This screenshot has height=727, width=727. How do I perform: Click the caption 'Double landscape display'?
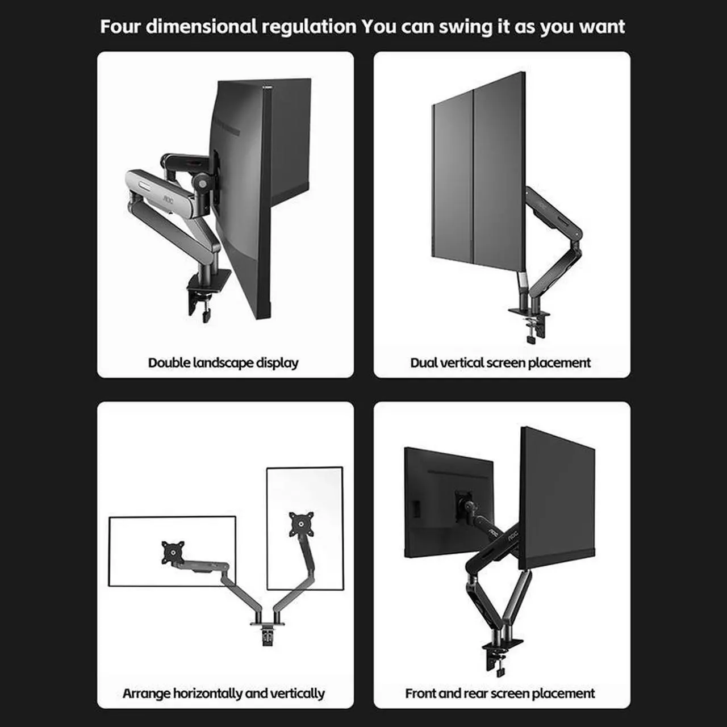tap(223, 362)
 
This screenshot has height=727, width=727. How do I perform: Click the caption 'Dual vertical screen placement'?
tap(500, 362)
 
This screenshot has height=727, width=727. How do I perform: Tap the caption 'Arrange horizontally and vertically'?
tap(223, 693)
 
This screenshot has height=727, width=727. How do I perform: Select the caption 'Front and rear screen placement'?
tap(500, 693)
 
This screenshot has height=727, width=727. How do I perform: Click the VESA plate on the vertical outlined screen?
tap(302, 524)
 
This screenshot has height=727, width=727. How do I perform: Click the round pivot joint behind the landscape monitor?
tap(199, 182)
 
